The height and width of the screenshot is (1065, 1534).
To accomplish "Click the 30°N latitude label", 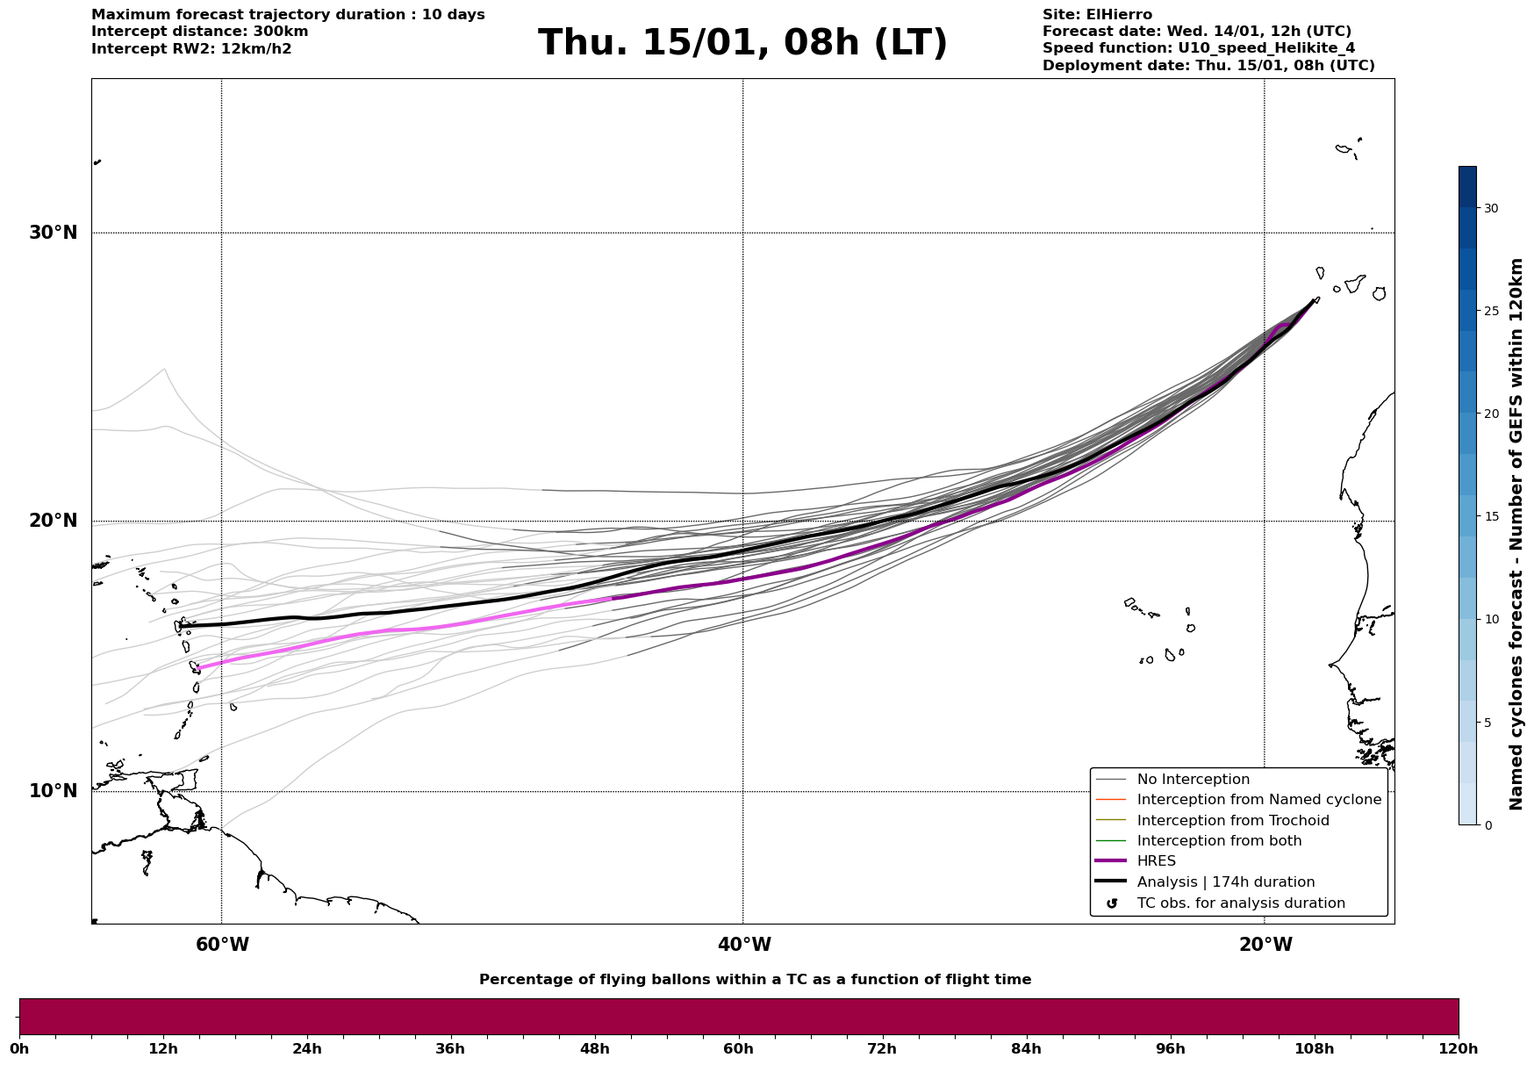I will click(53, 233).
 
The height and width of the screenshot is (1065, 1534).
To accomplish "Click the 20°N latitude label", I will click(53, 521).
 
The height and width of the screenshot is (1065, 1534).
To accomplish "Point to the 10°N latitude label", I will click(53, 791).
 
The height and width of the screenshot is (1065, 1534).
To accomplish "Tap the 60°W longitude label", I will click(222, 945).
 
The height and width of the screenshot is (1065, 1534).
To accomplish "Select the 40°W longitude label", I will click(744, 945).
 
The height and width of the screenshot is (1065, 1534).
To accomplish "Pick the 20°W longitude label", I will click(1265, 945).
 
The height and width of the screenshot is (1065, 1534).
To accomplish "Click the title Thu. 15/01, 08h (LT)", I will click(742, 43).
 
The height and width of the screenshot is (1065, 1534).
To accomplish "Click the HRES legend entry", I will click(1156, 861).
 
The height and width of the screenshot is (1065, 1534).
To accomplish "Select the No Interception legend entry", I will click(1193, 780).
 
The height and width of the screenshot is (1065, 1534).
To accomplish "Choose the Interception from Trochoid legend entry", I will click(1232, 821).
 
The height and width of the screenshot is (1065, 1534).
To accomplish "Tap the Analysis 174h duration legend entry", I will click(1225, 882).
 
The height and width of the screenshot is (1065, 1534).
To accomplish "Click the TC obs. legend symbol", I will click(1112, 903).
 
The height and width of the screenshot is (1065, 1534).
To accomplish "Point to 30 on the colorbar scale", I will click(1490, 208).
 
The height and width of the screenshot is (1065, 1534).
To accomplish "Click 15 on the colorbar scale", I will click(1490, 516).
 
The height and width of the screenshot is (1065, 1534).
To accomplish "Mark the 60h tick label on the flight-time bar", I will click(738, 1048).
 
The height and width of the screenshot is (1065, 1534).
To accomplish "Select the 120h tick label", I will click(1458, 1048).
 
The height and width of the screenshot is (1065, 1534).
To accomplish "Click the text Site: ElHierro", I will click(1097, 15).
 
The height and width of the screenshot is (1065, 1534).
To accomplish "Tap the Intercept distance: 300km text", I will click(199, 32).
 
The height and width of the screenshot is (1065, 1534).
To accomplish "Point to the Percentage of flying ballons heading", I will click(755, 980).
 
